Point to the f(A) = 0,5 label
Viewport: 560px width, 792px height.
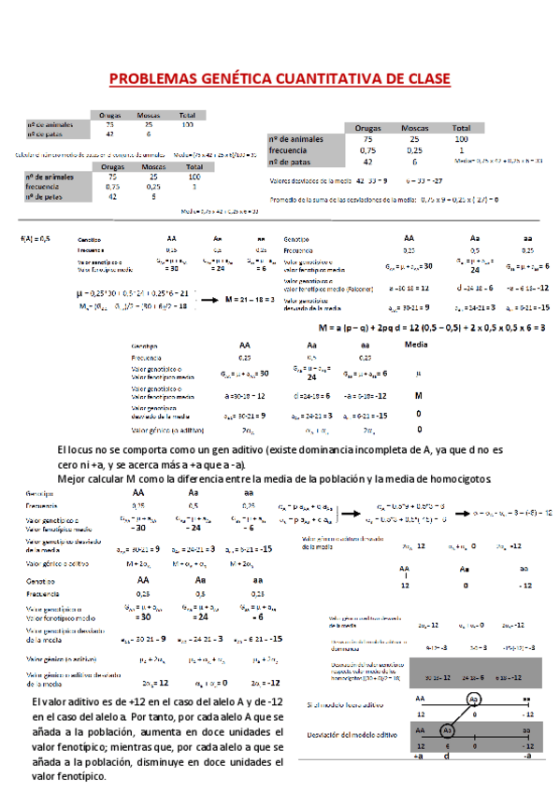click(x=35, y=240)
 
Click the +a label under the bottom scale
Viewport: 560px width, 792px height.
click(x=417, y=757)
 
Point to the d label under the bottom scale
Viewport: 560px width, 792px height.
click(x=446, y=757)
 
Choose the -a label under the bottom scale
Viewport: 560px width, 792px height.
click(x=527, y=757)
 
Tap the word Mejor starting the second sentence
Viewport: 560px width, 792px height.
click(x=74, y=478)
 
